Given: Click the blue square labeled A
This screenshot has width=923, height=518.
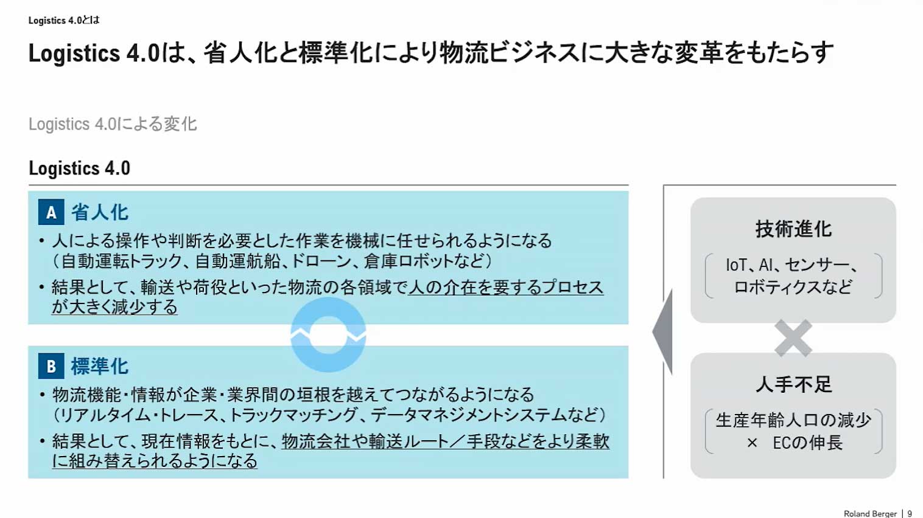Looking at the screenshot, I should click(x=51, y=213).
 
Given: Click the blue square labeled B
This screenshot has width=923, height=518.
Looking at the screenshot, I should click(x=51, y=367).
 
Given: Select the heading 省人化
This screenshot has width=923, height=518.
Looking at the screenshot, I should click(x=100, y=213).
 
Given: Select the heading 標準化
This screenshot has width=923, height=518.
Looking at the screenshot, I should click(x=100, y=367).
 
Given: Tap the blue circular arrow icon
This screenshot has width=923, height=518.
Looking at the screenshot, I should click(x=328, y=334).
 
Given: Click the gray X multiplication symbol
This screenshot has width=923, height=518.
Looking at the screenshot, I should click(x=793, y=338).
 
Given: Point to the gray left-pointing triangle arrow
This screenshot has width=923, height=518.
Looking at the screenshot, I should click(x=664, y=332).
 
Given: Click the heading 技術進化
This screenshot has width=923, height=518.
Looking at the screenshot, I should click(x=793, y=229).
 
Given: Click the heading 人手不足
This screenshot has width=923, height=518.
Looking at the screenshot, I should click(x=793, y=384).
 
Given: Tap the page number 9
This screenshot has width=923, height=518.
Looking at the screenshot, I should click(x=910, y=514).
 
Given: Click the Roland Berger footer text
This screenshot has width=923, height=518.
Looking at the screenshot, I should click(x=870, y=514).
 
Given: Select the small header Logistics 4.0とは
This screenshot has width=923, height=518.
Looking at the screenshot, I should click(x=64, y=20).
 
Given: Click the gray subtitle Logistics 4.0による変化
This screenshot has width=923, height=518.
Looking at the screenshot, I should click(x=113, y=124).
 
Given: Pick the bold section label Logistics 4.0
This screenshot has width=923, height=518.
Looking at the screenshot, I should click(x=80, y=168).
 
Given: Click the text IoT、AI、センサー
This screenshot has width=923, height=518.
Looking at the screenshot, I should click(x=791, y=265).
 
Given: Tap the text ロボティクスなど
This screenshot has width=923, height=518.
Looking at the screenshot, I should click(x=793, y=287).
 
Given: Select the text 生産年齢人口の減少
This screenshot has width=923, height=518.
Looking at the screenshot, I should click(x=793, y=420).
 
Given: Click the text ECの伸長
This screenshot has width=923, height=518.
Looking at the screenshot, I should click(x=807, y=443).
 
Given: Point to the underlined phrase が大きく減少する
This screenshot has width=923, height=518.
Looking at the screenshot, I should click(x=114, y=307).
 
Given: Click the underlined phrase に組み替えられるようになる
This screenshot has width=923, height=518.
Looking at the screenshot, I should click(x=155, y=461).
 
